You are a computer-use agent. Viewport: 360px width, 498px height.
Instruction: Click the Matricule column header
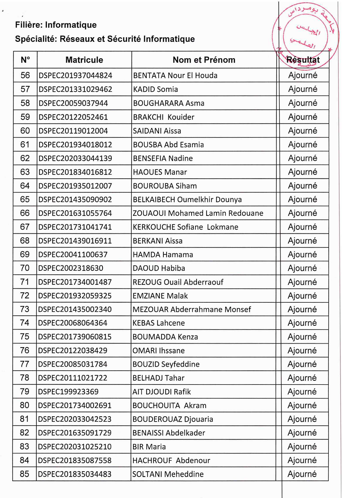click(84, 60)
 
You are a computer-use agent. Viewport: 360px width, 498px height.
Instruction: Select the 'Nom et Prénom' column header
click(204, 60)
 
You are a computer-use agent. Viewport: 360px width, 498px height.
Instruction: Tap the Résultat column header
click(303, 60)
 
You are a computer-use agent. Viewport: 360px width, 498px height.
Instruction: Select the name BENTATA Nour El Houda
click(175, 75)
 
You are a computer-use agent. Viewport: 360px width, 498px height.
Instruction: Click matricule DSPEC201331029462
click(75, 90)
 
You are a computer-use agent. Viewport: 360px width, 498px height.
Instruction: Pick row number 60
click(25, 131)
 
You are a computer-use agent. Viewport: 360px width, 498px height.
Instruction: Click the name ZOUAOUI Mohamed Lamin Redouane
click(198, 213)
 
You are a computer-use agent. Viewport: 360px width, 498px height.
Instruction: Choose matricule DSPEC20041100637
click(73, 254)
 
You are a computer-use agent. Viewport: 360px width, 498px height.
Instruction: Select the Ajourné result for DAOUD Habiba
click(303, 268)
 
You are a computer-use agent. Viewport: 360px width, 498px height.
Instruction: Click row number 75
click(25, 337)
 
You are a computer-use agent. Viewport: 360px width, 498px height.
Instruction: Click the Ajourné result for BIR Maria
click(303, 447)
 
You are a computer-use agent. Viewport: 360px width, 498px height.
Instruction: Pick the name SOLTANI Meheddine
click(168, 474)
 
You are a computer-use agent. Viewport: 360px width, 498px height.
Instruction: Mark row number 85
click(25, 474)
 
